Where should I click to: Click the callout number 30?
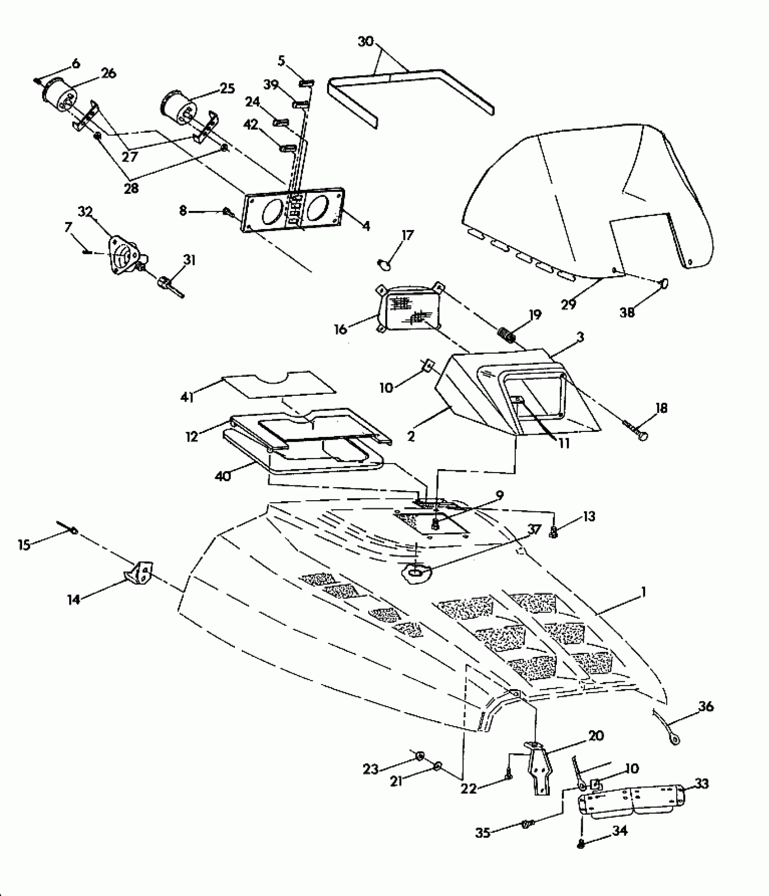[366, 42]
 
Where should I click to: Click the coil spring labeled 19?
[508, 337]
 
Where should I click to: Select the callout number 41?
[187, 397]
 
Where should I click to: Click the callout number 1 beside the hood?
[643, 592]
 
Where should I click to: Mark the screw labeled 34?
[582, 844]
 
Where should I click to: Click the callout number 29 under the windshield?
[569, 304]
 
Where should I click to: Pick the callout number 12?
[192, 437]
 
